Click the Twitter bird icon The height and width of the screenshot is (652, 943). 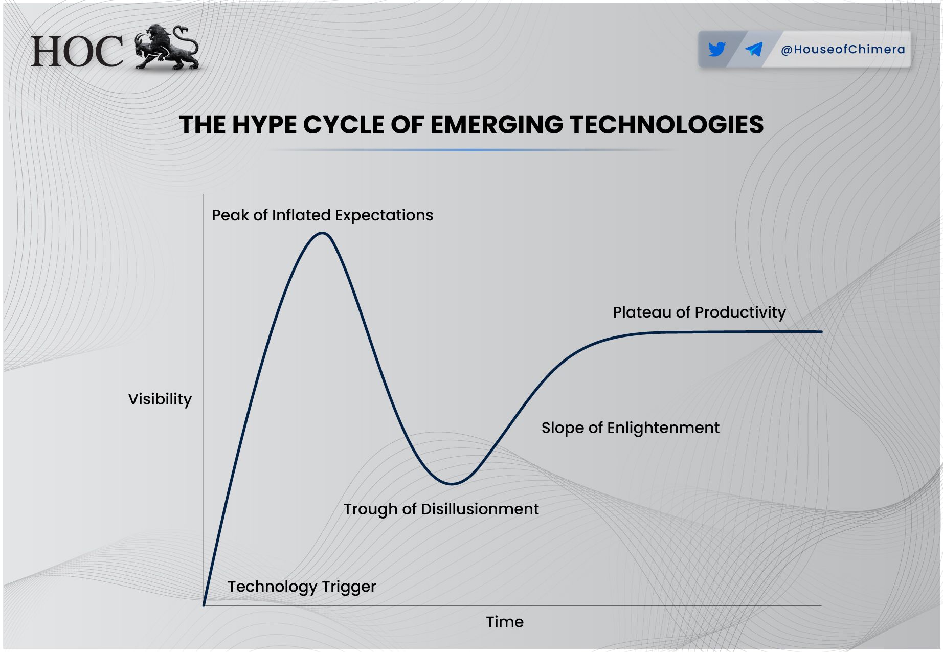coord(717,49)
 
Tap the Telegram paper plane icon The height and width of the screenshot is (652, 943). coord(754,49)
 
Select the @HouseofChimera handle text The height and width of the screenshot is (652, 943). coord(843,50)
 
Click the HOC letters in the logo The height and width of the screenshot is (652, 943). coord(77,51)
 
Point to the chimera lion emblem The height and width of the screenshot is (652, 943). coord(167,47)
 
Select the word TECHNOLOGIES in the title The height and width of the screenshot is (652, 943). coord(666,125)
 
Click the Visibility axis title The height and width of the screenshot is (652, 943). coord(160,399)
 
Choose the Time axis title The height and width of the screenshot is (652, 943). coord(505,622)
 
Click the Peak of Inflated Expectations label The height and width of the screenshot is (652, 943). coord(322,215)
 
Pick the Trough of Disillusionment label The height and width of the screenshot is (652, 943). coord(441,509)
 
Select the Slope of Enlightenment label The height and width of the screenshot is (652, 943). coord(631,428)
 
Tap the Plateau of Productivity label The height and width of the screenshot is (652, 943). coord(699,312)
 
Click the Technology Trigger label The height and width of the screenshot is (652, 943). coord(302,587)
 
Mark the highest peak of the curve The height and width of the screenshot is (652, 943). coord(322,233)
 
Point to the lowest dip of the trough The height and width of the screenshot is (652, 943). coord(452,483)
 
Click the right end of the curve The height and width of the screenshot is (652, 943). coord(821,332)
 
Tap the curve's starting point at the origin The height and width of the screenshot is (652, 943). coord(204,605)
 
